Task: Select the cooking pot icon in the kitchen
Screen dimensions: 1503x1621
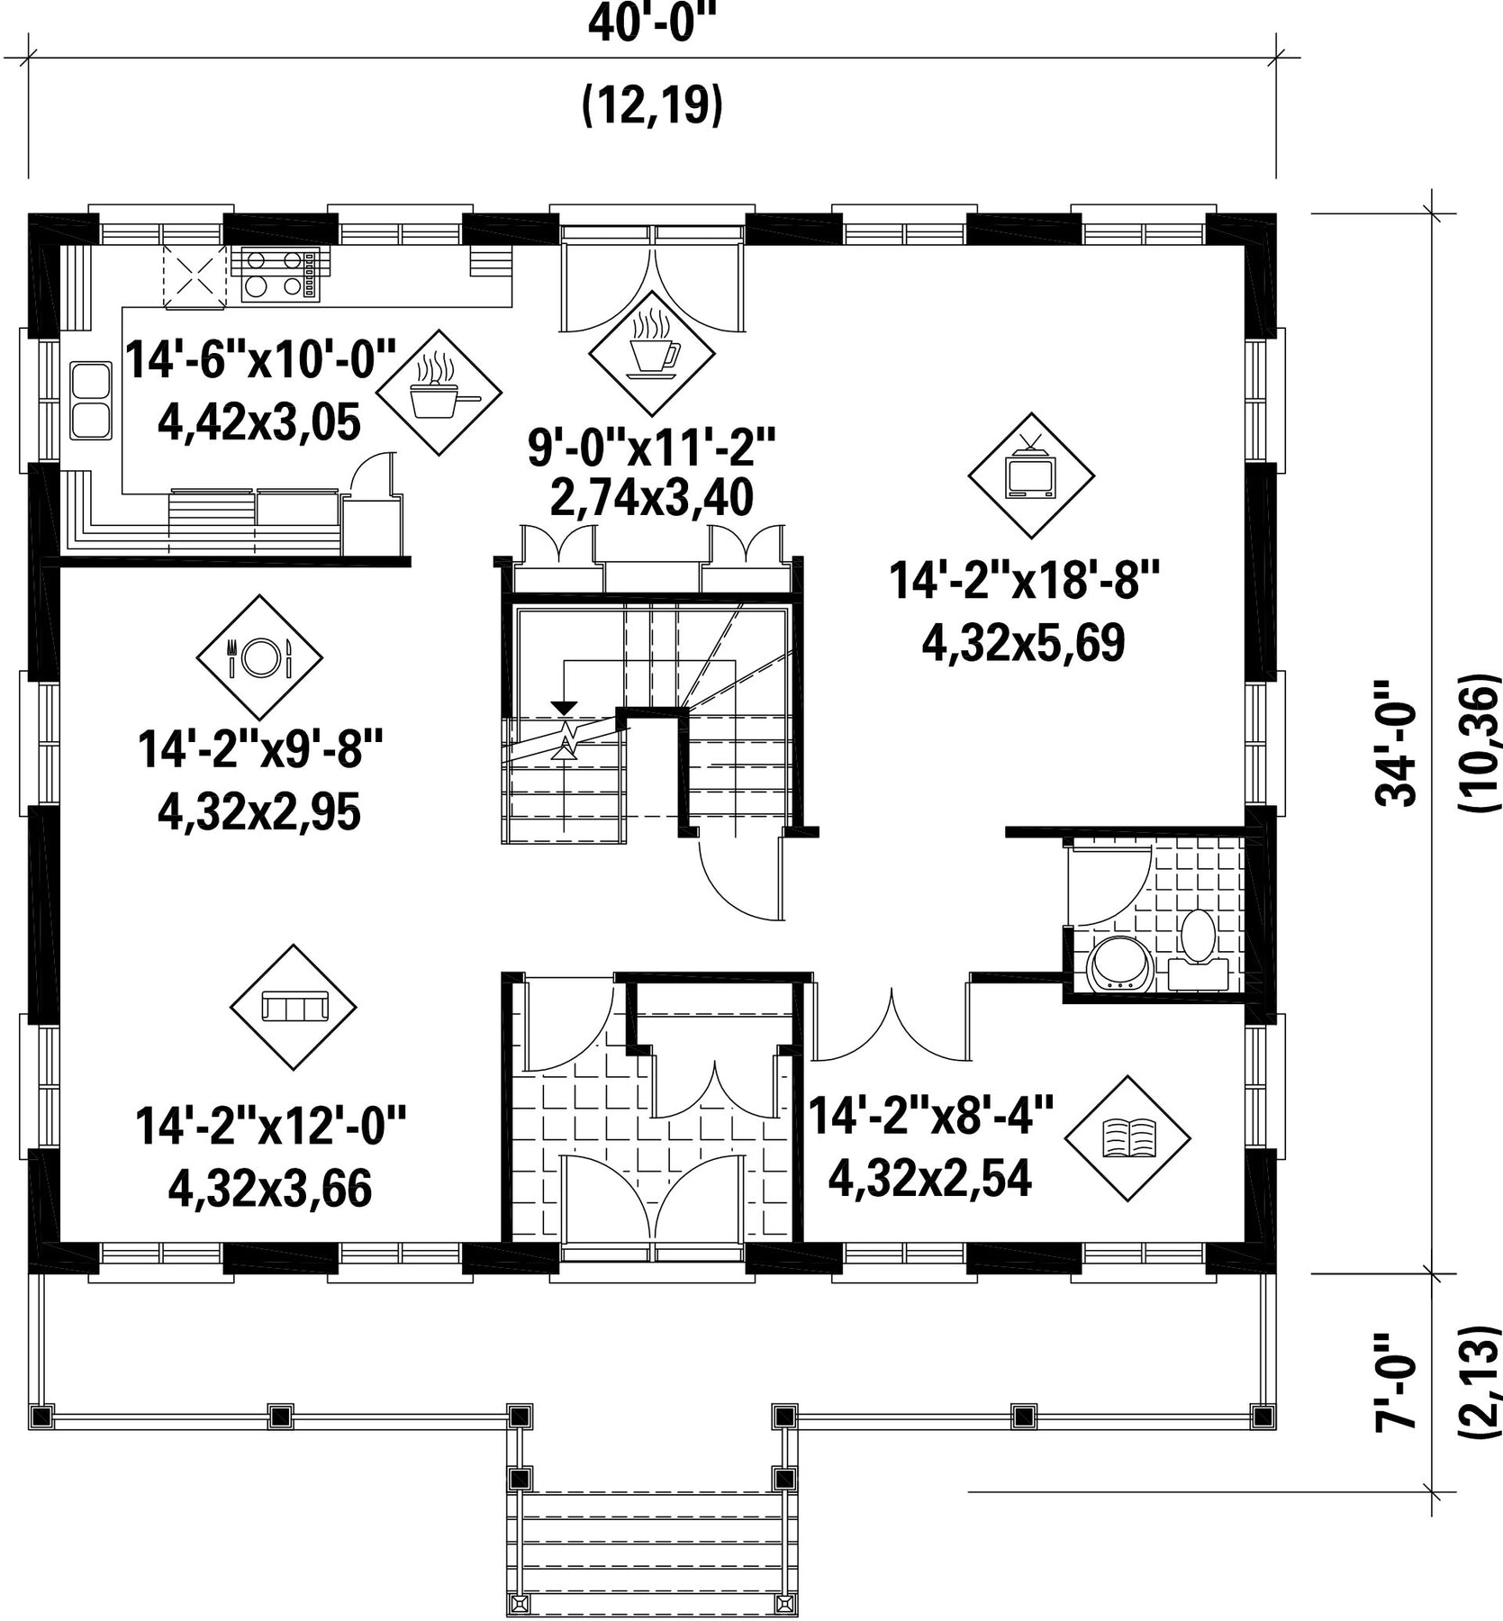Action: [x=438, y=391]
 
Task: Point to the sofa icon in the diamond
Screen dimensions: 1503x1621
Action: [x=294, y=1006]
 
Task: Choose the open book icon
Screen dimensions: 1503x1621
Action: [x=1127, y=1137]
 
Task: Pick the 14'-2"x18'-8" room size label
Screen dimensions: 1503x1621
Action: [x=1023, y=579]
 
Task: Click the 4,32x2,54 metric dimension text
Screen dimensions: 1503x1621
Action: [x=929, y=1178]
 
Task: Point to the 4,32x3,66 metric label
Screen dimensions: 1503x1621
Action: [x=270, y=1189]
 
